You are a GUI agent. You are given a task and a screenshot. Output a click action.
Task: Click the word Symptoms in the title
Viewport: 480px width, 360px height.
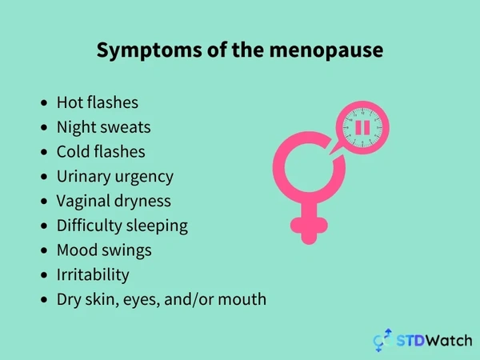coord(149,50)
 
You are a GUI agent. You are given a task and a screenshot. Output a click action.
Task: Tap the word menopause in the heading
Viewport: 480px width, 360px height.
coord(326,50)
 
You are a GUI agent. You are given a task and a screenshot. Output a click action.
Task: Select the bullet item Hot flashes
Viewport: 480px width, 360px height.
coord(98,102)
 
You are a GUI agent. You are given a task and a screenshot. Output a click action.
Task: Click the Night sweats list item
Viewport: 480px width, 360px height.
coord(103,127)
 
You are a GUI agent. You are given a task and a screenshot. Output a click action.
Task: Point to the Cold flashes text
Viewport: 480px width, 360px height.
coord(101,151)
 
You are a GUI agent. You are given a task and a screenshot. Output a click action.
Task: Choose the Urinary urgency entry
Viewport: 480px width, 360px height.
coord(114,177)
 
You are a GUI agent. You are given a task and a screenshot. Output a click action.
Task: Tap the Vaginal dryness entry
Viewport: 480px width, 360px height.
coord(114,201)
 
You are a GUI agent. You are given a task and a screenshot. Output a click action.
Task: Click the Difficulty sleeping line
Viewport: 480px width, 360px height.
coord(122,226)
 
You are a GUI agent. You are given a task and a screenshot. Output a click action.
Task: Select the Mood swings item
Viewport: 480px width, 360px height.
coord(104,250)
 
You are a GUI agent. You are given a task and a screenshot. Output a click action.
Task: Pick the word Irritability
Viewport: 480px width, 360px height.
coord(93,274)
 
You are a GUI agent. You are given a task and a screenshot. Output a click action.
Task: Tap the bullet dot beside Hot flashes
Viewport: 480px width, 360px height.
coord(44,102)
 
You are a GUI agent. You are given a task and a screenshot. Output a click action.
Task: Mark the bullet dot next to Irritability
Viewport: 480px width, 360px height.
coord(44,275)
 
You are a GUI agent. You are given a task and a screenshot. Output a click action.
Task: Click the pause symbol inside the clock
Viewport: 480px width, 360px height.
coord(362,128)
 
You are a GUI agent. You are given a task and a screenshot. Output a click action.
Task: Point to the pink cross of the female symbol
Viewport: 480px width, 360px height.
coord(309,226)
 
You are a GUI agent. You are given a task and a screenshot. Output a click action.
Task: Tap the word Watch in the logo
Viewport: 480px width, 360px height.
coord(449,341)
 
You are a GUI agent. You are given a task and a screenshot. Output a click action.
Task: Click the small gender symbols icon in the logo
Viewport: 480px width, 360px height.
coord(382,340)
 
